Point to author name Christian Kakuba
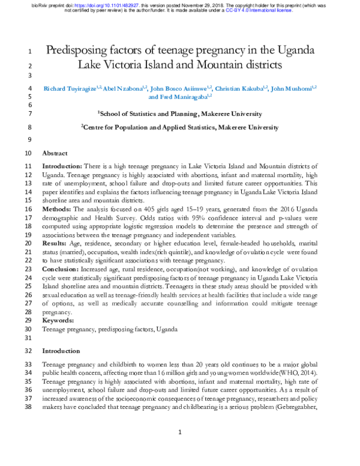(239, 88)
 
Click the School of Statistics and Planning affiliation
(180, 113)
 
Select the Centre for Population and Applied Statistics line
(180, 127)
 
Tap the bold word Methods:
(58, 208)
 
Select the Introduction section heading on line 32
(61, 351)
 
